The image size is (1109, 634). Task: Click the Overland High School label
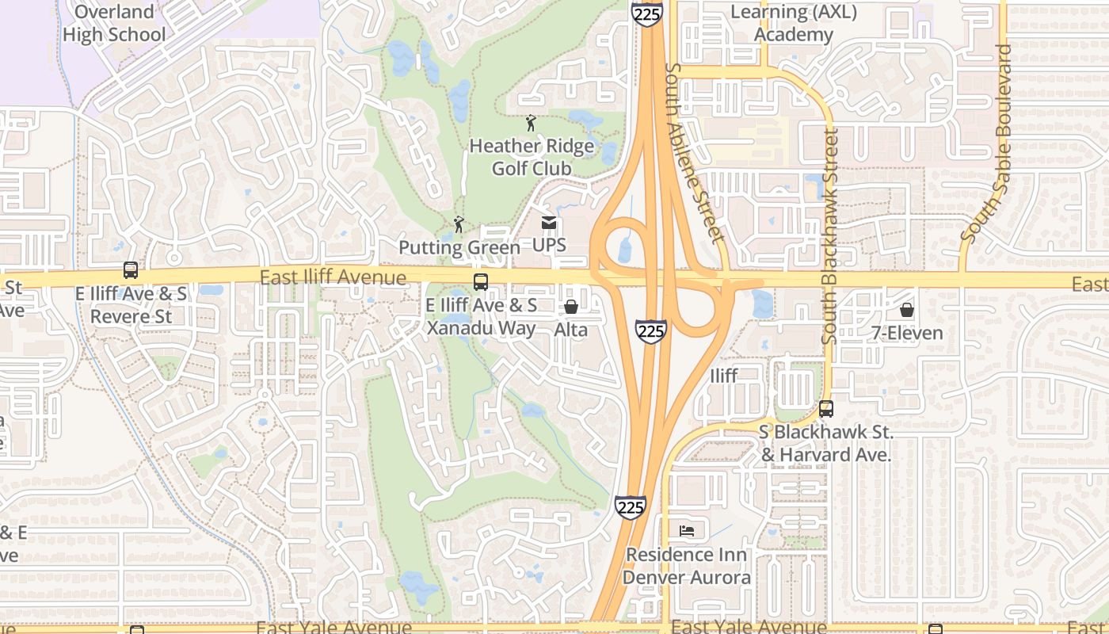coord(114,23)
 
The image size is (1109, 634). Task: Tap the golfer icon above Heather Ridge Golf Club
coord(531,124)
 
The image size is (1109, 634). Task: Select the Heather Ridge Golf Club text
coord(532,157)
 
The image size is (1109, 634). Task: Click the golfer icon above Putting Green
coord(459,225)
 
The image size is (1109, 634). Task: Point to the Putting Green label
coord(459,247)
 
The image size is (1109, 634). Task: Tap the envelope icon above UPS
coord(549,223)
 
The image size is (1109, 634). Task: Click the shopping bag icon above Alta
coord(570,307)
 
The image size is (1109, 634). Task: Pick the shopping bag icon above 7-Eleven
coord(907,310)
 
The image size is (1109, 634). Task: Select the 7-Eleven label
coord(907,333)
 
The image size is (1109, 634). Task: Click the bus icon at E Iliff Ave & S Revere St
coord(131,270)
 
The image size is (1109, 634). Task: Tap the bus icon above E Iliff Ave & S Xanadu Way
coord(480,282)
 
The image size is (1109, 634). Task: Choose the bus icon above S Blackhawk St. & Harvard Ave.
coord(826,409)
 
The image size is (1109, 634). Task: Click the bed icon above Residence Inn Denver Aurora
coord(687,530)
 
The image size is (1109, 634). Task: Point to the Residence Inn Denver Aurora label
coord(687,565)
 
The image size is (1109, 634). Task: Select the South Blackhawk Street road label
coord(829,238)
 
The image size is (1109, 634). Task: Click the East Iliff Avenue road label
coord(333,277)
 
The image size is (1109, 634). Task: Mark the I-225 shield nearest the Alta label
coord(650,330)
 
